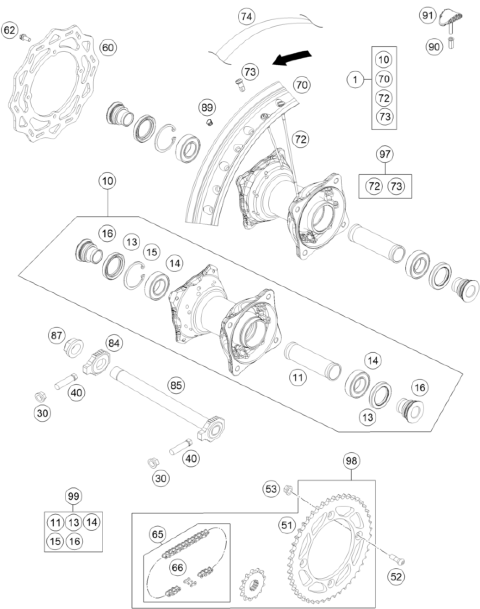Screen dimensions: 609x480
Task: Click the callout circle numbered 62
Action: click(9, 30)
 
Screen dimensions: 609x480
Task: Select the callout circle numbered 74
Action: click(246, 17)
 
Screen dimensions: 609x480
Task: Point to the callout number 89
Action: click(207, 108)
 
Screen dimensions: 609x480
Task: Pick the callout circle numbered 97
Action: click(385, 154)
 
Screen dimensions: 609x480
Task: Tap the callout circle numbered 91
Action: click(427, 16)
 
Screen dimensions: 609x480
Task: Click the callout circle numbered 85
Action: click(176, 385)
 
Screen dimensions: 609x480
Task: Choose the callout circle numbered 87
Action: click(56, 336)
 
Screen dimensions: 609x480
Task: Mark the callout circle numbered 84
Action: click(114, 344)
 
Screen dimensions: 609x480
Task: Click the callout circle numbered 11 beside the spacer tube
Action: click(298, 377)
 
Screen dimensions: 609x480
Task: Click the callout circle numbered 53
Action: click(271, 489)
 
